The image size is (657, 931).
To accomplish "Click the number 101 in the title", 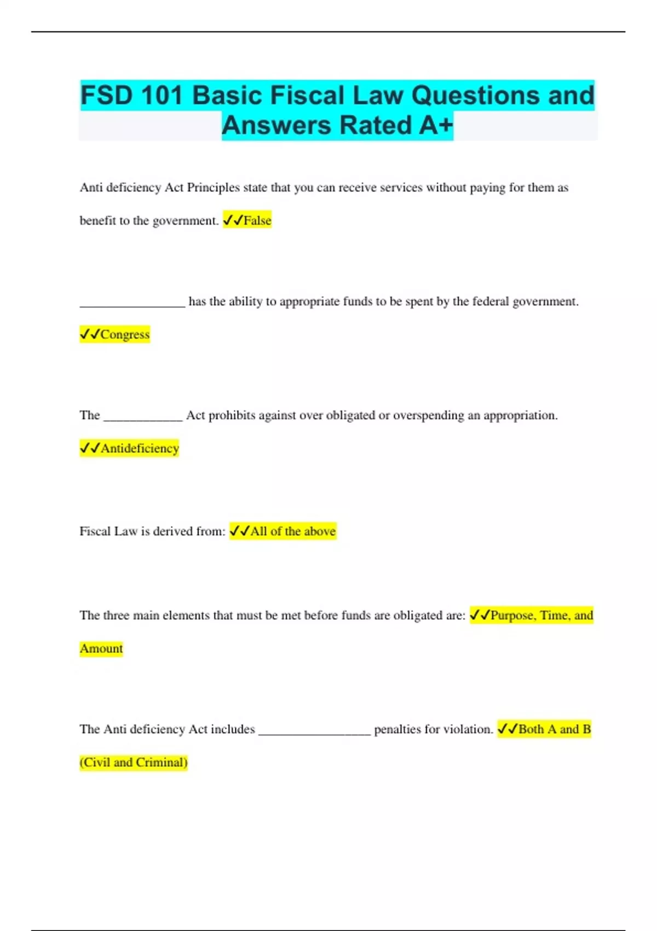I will [x=161, y=95].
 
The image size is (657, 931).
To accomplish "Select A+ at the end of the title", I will [x=436, y=125].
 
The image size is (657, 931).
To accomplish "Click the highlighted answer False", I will [x=257, y=221].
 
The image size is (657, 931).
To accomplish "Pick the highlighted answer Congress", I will [x=124, y=335].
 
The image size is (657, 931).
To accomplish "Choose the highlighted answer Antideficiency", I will [x=140, y=449].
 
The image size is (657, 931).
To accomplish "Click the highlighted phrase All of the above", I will [x=292, y=531].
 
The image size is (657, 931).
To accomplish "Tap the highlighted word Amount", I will [x=101, y=648].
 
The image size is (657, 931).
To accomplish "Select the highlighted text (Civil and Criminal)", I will [x=134, y=762].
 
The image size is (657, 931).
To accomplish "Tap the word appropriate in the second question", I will [x=309, y=302].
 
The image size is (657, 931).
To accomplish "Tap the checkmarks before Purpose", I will [x=480, y=615].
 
